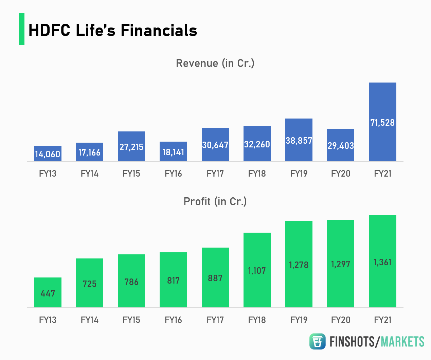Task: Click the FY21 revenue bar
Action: [382, 102]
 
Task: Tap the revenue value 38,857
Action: [299, 141]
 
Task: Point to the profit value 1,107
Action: [257, 271]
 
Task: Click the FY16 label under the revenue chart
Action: [173, 174]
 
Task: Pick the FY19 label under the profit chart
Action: [299, 320]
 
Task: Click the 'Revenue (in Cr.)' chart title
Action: [215, 63]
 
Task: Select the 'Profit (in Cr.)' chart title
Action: [215, 201]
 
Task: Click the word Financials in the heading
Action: [159, 30]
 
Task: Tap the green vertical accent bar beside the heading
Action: [21, 29]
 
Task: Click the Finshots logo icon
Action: [317, 341]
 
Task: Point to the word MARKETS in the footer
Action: [402, 342]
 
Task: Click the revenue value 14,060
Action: [48, 154]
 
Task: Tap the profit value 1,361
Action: [382, 262]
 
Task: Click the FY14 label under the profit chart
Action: [90, 320]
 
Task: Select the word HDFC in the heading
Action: [50, 30]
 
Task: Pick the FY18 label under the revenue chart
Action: [257, 174]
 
